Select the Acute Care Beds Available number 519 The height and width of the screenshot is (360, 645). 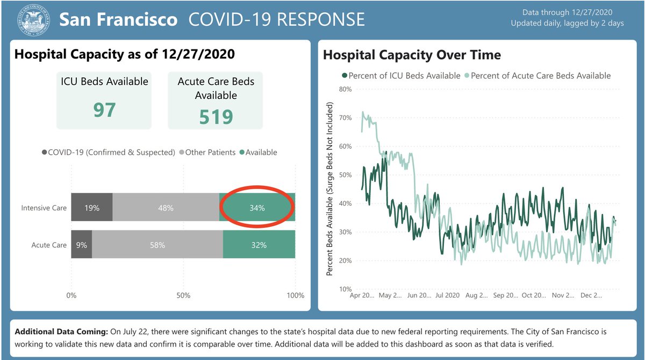[216, 116]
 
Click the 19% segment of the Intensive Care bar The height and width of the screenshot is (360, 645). [91, 207]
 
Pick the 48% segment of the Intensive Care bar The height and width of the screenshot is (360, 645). [166, 207]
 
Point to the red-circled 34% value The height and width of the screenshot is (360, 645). [257, 207]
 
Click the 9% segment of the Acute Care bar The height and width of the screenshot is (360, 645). [81, 245]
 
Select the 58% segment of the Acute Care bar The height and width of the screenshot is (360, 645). [157, 245]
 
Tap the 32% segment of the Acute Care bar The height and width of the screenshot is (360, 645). [259, 245]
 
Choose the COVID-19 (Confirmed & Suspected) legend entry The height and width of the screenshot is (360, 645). [108, 152]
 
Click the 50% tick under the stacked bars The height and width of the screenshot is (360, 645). [183, 296]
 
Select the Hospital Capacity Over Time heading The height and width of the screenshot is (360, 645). [411, 55]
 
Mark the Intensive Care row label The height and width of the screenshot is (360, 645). [44, 207]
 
